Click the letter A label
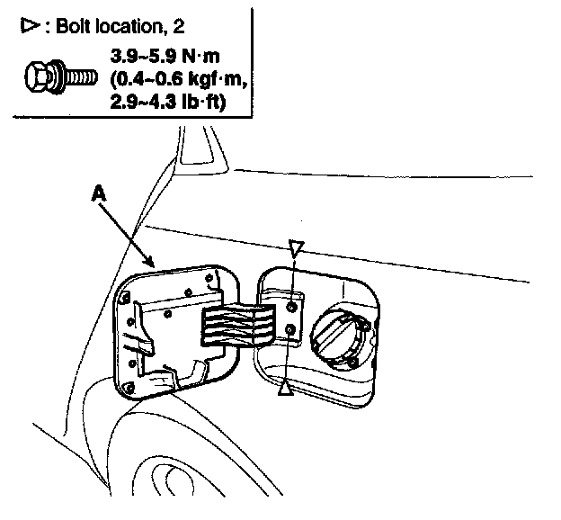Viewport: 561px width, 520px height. pyautogui.click(x=98, y=192)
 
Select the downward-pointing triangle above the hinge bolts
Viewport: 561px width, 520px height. pyautogui.click(x=298, y=247)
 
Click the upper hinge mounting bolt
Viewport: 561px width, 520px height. pyautogui.click(x=291, y=308)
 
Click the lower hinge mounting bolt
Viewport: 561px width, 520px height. pyautogui.click(x=289, y=332)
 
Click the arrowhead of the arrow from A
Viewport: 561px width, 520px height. pyautogui.click(x=156, y=264)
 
